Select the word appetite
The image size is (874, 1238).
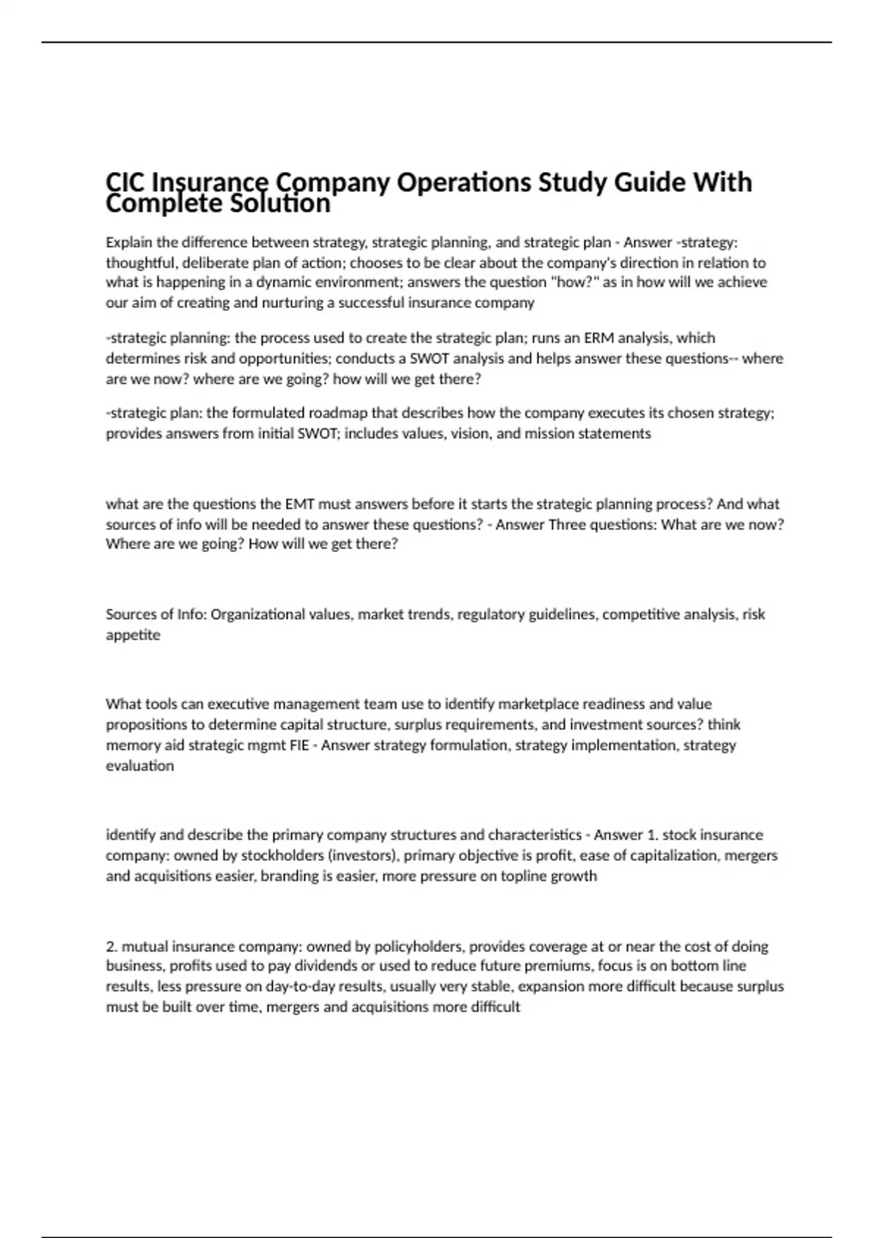[133, 635]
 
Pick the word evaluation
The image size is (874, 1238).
[140, 765]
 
